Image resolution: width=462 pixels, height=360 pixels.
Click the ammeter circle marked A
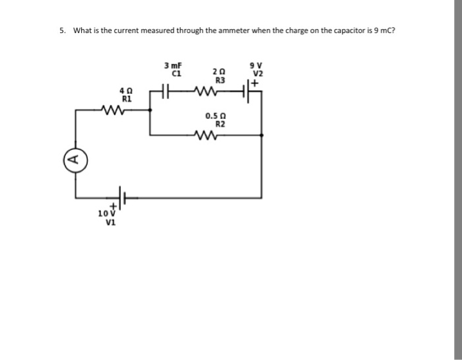tap(75, 158)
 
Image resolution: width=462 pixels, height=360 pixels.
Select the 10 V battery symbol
tap(121, 197)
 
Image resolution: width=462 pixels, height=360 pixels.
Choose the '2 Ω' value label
tap(219, 71)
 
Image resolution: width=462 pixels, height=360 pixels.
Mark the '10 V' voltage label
tap(106, 213)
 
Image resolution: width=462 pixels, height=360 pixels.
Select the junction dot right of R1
tap(150, 111)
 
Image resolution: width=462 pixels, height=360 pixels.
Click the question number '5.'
tap(63, 30)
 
